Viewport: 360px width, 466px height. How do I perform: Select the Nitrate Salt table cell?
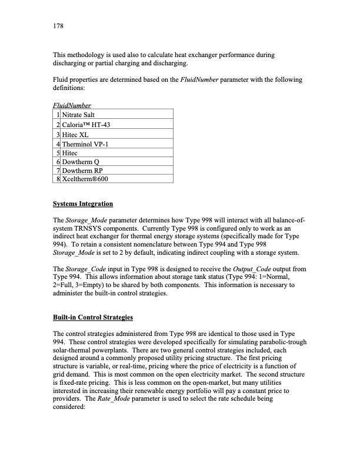point(81,114)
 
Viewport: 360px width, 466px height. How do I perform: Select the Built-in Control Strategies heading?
point(93,318)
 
